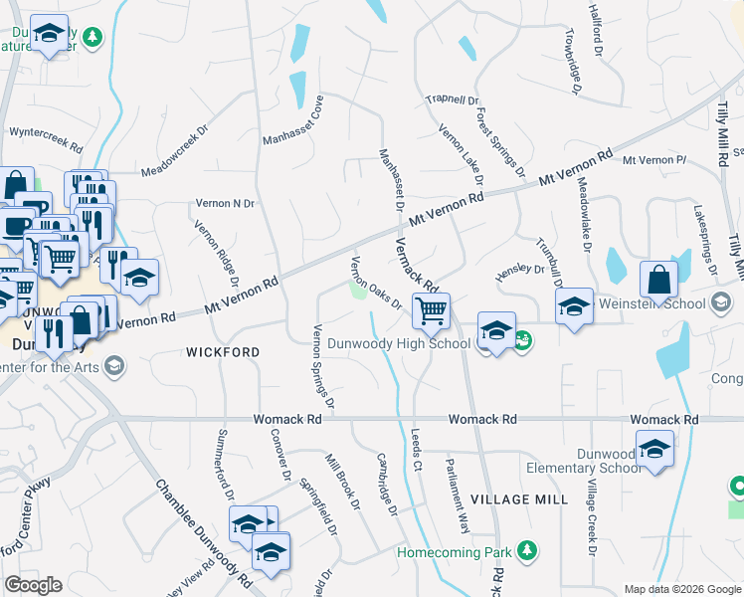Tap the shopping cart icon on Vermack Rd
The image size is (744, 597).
(431, 310)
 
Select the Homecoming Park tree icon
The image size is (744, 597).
(526, 550)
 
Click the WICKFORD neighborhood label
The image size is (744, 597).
(223, 352)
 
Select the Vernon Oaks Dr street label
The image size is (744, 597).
(375, 283)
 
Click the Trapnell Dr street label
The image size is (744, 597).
(453, 99)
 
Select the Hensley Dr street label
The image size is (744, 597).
(520, 269)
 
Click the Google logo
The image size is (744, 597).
(33, 584)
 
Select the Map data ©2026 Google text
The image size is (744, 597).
(681, 589)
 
